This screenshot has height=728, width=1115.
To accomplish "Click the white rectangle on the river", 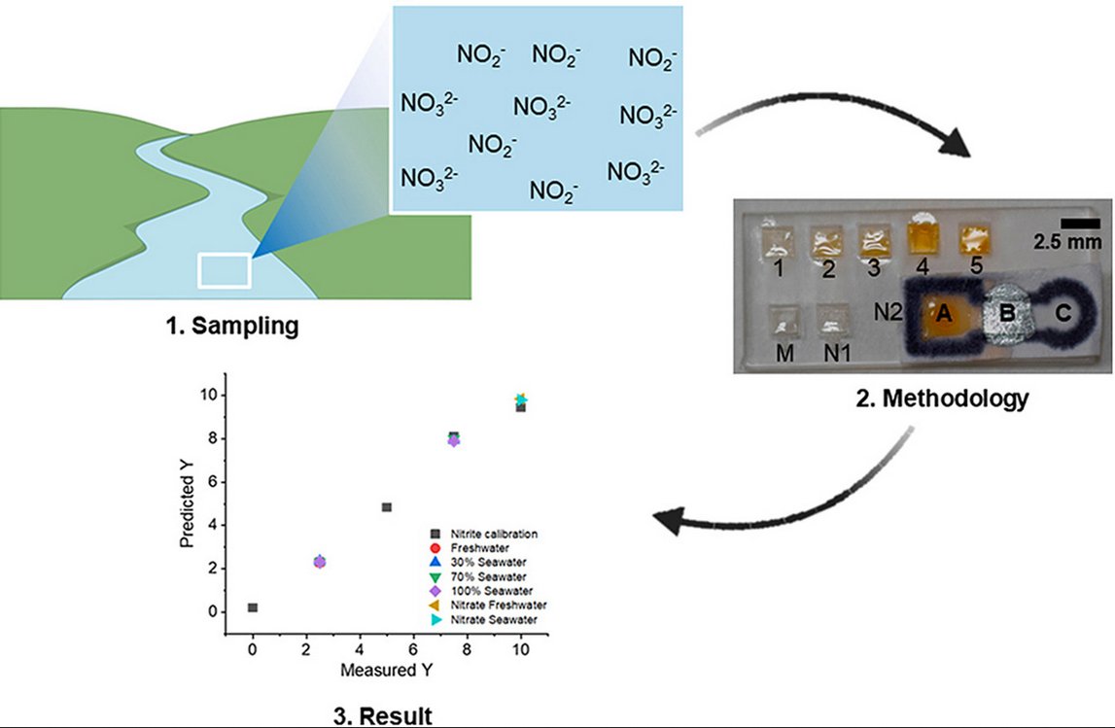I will point(225,270).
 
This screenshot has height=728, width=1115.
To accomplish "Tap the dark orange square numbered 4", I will point(926,236).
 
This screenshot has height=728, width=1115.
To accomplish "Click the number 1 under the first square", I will point(776,267).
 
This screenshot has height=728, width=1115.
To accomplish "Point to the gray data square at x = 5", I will point(387,507).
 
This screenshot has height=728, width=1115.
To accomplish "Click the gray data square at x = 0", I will point(253,607).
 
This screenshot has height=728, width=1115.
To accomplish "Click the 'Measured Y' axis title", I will point(386,671).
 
